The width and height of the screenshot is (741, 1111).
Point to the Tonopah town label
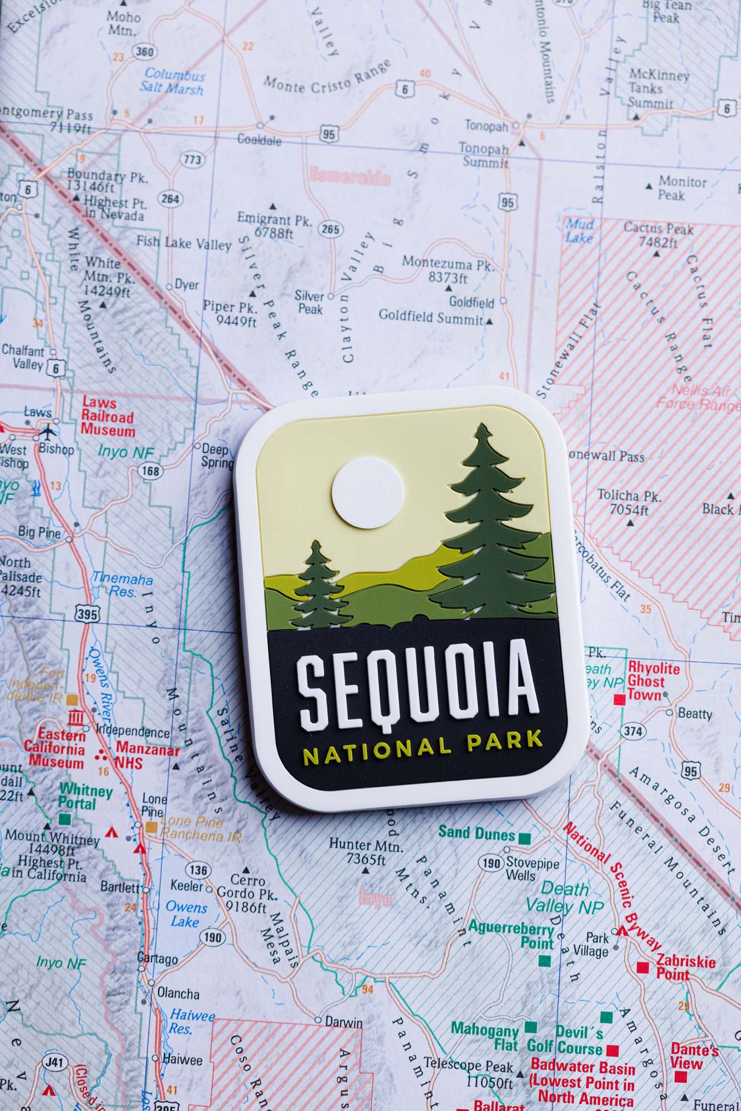click(486, 126)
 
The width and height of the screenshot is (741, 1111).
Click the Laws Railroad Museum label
click(108, 416)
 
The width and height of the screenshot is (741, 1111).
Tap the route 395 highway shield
click(87, 614)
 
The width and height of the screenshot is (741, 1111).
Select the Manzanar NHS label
click(147, 756)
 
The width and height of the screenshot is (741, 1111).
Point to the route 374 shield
click(633, 731)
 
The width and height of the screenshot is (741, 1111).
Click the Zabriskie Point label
click(685, 967)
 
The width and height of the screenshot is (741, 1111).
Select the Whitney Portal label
click(86, 796)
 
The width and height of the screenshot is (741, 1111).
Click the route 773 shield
click(192, 161)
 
